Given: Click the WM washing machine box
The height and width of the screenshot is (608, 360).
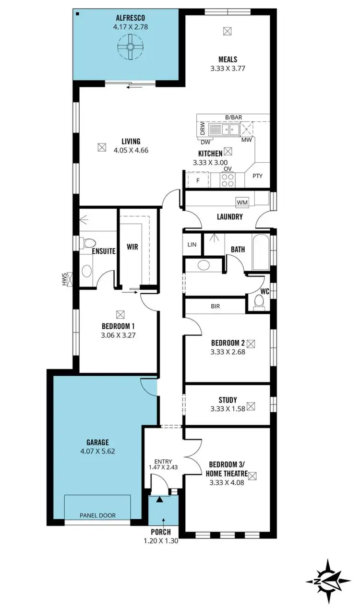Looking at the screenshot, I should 242,202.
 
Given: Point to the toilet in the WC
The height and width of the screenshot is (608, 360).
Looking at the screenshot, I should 259,301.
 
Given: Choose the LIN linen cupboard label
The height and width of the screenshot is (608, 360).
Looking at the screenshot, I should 192,245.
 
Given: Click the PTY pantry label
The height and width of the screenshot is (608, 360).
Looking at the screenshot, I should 258,176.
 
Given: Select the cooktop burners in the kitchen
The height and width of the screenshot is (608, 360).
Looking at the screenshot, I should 228,179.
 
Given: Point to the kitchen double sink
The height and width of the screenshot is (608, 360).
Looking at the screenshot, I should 226,130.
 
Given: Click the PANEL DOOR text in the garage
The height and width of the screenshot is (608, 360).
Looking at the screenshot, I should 98,515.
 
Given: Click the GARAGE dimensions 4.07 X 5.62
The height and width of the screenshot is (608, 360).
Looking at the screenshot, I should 98,451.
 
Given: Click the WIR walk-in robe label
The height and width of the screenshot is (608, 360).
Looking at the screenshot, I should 132,247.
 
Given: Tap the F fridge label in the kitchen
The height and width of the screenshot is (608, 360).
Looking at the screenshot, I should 198,180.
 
